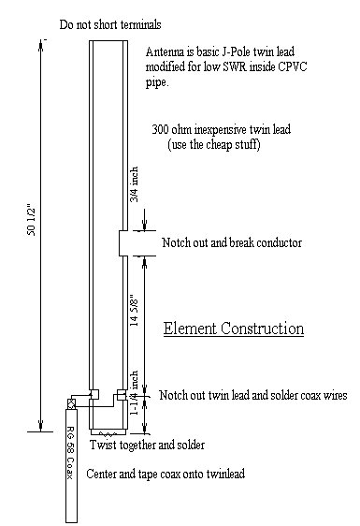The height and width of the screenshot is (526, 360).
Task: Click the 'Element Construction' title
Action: click(234, 329)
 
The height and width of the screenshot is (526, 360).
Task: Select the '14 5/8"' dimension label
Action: click(134, 311)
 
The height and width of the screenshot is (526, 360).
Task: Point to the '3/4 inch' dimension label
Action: click(134, 184)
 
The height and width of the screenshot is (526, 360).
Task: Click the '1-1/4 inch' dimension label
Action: click(134, 392)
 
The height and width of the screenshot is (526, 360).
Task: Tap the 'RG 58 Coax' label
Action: click(70, 453)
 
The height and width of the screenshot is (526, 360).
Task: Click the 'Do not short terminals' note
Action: click(110, 25)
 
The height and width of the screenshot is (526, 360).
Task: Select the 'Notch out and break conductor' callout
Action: click(232, 242)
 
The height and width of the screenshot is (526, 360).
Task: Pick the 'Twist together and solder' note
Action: click(147, 446)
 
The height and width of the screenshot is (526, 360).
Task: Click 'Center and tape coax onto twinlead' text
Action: click(166, 474)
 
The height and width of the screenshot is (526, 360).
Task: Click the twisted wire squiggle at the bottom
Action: click(108, 434)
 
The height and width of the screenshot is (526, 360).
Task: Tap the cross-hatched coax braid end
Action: click(71, 404)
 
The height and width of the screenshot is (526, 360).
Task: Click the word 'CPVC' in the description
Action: click(293, 66)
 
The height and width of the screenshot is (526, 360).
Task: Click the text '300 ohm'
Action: click(171, 129)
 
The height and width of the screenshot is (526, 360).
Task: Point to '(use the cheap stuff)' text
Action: click(214, 144)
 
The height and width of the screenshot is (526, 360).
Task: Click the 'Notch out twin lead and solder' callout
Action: click(253, 395)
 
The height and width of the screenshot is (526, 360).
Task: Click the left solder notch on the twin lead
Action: click(94, 394)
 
